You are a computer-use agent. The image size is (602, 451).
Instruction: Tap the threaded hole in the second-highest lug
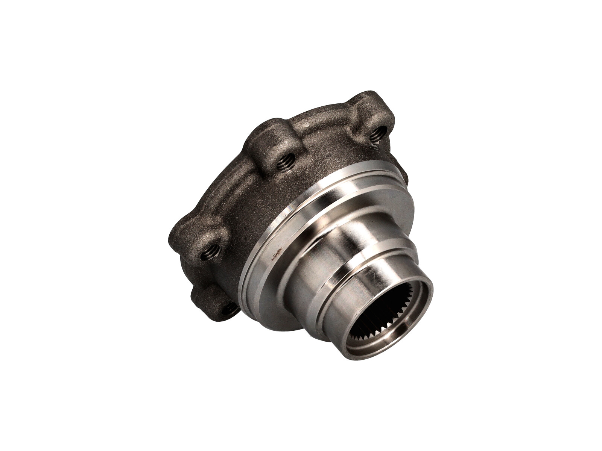(285, 162)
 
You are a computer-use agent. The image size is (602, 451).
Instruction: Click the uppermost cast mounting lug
(371, 109)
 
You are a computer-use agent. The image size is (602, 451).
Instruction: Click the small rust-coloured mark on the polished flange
(276, 256)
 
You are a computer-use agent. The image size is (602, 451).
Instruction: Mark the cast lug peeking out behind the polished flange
(404, 177)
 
